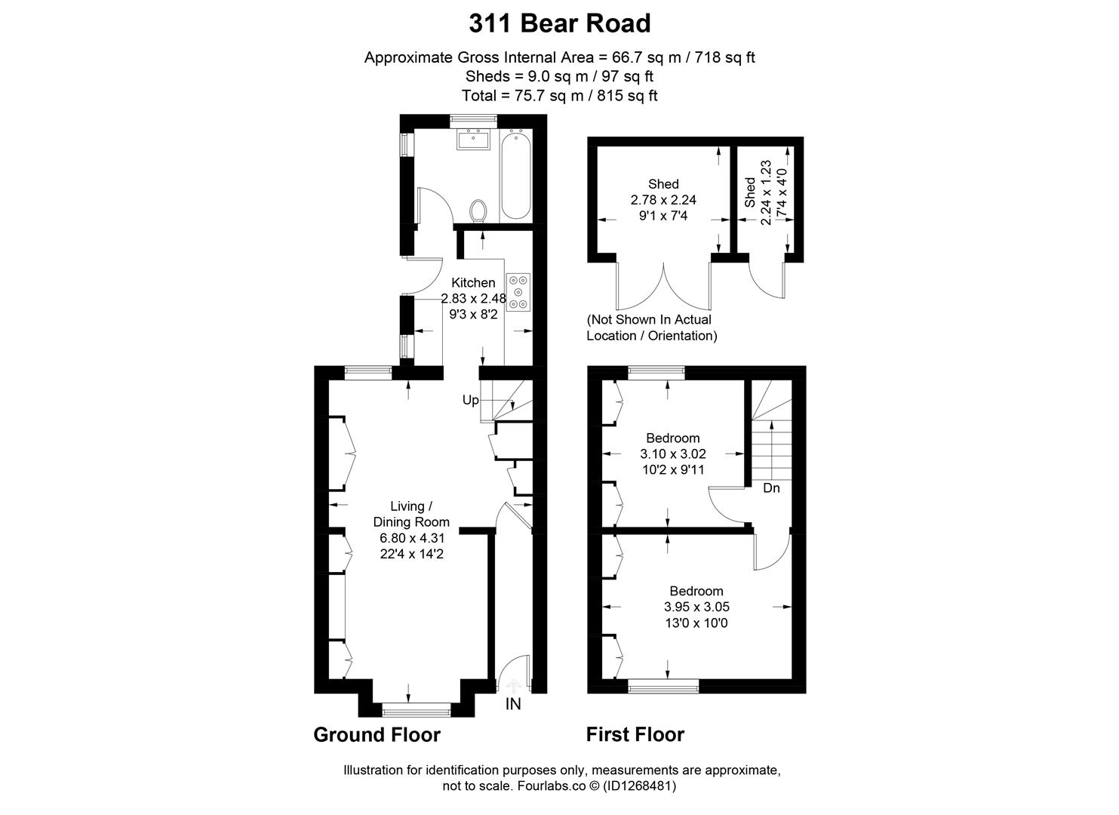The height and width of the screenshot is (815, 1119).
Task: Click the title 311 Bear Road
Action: coord(560,23)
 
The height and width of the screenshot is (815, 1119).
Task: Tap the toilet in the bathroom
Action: coord(478,211)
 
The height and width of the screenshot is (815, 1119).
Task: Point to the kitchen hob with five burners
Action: coord(518,292)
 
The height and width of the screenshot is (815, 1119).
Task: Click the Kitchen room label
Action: coord(473,282)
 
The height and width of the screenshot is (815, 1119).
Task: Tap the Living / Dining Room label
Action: coord(411,514)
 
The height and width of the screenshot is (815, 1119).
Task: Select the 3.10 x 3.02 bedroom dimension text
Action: coord(673,454)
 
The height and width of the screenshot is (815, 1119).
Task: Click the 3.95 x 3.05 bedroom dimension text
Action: coord(696,607)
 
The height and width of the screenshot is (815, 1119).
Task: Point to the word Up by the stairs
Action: coord(470,400)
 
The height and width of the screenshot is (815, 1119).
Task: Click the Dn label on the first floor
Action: coord(771,487)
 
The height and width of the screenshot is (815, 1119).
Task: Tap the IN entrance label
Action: coord(513,704)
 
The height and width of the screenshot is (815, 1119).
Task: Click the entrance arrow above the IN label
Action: coord(514,684)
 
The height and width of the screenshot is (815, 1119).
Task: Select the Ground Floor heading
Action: coord(377,735)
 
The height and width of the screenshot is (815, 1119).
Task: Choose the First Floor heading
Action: coord(635,734)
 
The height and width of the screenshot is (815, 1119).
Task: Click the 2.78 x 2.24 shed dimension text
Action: coord(663,200)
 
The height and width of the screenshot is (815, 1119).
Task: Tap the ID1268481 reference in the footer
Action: coord(639,786)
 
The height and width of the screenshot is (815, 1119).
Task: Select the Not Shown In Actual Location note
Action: coord(651,328)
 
